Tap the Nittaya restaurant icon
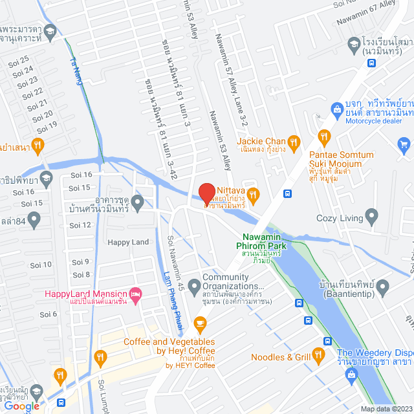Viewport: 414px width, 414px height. click(254, 193)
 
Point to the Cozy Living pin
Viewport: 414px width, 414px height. click(371, 216)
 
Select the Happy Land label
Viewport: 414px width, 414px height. click(127, 243)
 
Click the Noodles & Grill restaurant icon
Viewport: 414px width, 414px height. click(318, 354)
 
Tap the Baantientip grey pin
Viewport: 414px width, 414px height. click(382, 285)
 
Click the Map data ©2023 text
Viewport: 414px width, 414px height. click(386, 409)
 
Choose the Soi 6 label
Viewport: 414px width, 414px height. click(49, 314)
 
